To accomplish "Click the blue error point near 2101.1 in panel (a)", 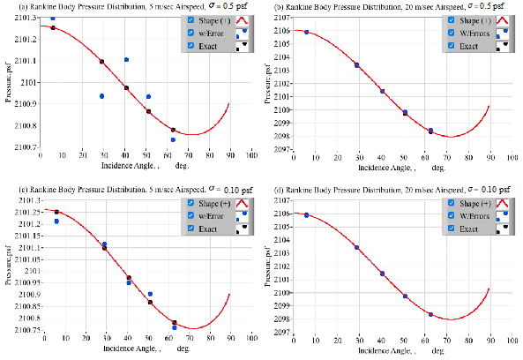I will [127, 60].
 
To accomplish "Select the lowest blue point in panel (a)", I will [173, 139].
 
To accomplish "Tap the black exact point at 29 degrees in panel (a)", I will [102, 62].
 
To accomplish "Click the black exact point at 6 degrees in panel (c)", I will [56, 212].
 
